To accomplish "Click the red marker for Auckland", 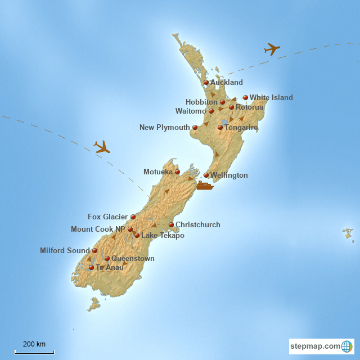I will click(206, 82).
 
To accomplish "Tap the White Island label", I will click(271, 97).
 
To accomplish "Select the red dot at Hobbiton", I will click(222, 102).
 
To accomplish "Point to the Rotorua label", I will click(249, 107).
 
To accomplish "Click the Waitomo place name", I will click(191, 111).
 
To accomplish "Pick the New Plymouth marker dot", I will click(195, 127).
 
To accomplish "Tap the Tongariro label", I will click(241, 128).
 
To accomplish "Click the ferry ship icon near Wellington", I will click(205, 185).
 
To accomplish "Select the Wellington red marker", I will click(206, 175).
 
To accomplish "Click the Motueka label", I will click(158, 172).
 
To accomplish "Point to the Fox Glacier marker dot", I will click(133, 217).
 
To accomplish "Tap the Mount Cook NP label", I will click(98, 229).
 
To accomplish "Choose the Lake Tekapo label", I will click(163, 235).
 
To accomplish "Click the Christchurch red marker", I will click(171, 224).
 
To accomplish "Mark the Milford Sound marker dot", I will click(94, 250).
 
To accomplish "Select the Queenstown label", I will click(133, 259).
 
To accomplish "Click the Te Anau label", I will click(110, 268).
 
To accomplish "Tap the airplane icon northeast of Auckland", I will click(272, 49).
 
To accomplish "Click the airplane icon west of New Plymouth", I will click(102, 147).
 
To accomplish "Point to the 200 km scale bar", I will click(34, 352).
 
